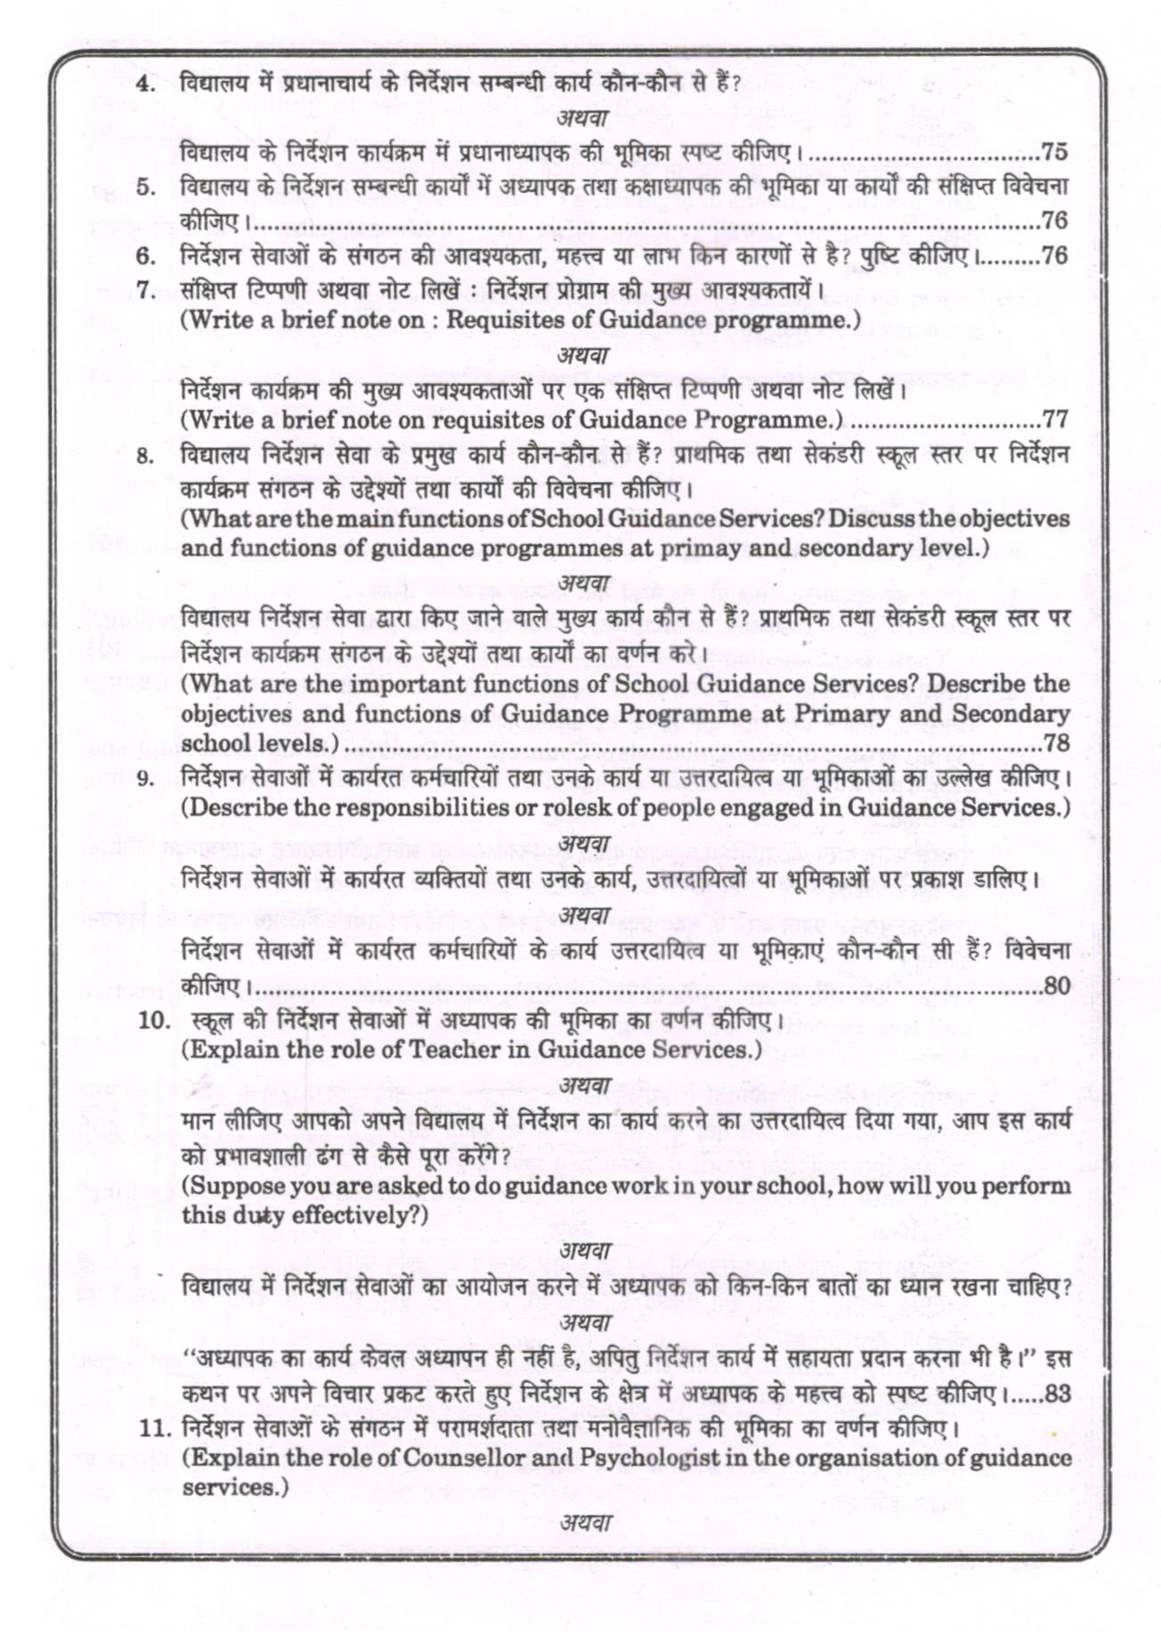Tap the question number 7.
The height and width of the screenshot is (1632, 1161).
(148, 289)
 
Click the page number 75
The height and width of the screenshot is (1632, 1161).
(1054, 152)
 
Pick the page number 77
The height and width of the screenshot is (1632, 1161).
(1054, 418)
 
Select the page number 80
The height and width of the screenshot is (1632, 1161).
(1056, 986)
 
